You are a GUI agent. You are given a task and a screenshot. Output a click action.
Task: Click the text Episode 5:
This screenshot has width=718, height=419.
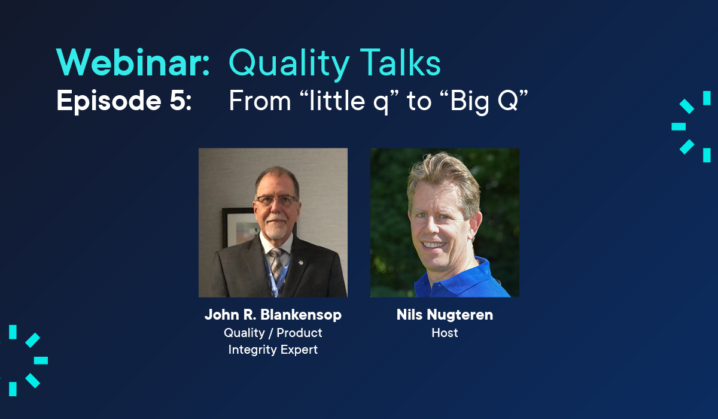click(124, 101)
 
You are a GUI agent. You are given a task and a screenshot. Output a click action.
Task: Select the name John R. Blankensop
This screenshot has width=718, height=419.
click(273, 315)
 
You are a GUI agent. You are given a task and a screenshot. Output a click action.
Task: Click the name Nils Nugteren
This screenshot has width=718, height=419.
click(445, 315)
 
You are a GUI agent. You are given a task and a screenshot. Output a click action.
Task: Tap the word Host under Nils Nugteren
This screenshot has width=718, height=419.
click(445, 333)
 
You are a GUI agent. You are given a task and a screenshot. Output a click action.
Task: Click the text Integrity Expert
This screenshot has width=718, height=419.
click(273, 350)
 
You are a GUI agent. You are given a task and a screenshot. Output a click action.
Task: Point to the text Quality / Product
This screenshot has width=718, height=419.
click(273, 333)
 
